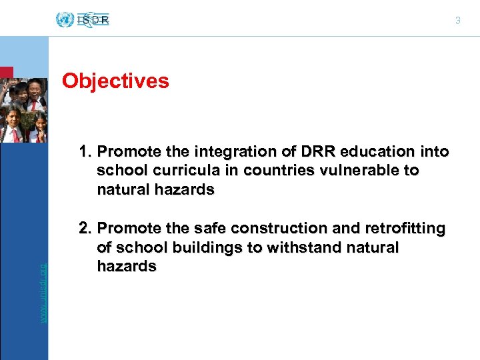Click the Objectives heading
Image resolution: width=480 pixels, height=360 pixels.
pos(115,81)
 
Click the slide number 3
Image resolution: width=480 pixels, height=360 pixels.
pos(457,21)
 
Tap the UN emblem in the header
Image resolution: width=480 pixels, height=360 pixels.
pos(65,19)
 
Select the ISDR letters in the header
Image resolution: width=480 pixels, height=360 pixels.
pos(94,20)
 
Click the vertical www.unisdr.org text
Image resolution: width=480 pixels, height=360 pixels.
pos(43,293)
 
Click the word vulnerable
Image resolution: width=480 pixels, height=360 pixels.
pos(350,171)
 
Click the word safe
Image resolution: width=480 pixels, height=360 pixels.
pos(173,229)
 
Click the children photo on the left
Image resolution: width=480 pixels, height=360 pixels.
pos(23,111)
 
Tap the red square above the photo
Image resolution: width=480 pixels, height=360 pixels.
pos(6,72)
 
